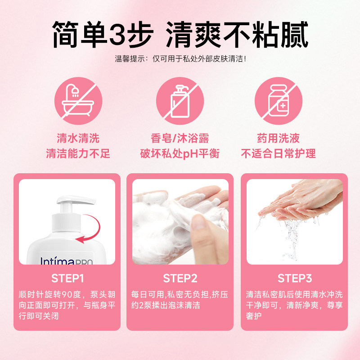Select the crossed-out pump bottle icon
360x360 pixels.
(x=180, y=101)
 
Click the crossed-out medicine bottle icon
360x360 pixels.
(x=278, y=101)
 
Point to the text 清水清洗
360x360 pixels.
(x=78, y=138)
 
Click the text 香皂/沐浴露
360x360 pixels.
(x=180, y=138)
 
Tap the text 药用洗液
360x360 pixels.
(x=278, y=138)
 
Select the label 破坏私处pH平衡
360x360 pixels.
(x=180, y=153)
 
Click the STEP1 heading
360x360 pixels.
(x=67, y=278)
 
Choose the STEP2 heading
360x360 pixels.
(x=180, y=278)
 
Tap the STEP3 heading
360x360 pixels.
(x=295, y=278)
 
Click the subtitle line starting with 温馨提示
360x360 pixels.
(x=180, y=58)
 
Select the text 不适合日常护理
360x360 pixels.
(x=278, y=153)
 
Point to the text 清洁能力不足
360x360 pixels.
(x=78, y=153)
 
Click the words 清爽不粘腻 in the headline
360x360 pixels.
(x=237, y=34)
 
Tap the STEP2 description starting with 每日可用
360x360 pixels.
(x=180, y=300)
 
